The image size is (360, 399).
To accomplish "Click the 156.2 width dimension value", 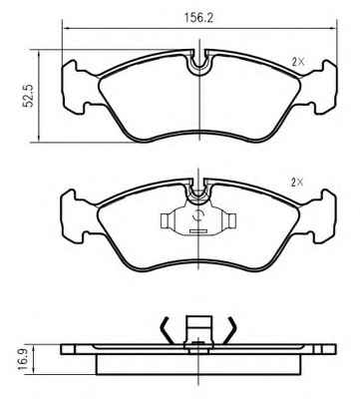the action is [x=198, y=18].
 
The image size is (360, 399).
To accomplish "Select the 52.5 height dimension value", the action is [x=28, y=96].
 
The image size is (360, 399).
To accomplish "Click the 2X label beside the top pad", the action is [x=298, y=62].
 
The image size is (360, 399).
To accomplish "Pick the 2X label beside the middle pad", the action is [x=297, y=182].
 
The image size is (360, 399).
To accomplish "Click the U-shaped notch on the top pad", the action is [x=198, y=63].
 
